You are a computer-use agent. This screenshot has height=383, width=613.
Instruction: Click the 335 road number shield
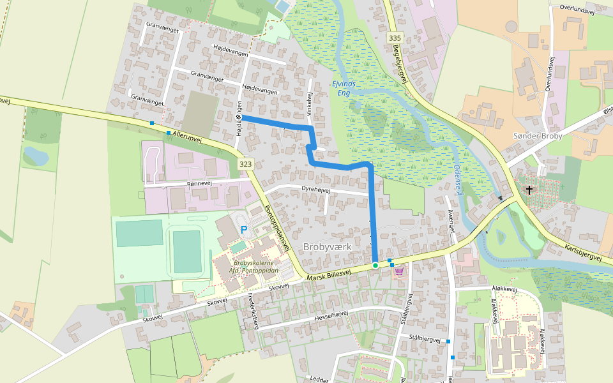point(395,38)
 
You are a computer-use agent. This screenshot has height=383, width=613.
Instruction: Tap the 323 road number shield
point(246,165)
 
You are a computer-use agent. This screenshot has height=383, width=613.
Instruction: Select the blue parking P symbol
point(244,229)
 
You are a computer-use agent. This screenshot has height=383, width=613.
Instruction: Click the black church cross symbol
point(529,190)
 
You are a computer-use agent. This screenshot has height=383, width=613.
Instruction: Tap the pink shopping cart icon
point(400,271)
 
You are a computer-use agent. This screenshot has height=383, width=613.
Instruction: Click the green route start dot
point(375,265)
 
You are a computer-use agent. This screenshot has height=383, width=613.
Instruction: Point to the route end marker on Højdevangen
point(239,117)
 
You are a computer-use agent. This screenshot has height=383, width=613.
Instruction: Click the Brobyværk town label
point(327,246)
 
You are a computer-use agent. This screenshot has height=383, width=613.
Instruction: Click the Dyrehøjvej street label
point(315,190)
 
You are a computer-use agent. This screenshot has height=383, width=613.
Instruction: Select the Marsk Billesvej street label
point(329,273)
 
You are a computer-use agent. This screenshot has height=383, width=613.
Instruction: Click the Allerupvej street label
point(187,136)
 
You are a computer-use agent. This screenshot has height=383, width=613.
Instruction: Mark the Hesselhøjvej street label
point(326,314)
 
